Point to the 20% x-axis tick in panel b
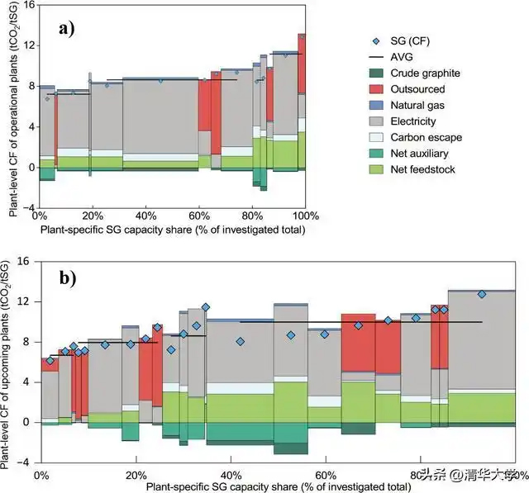click(x=136, y=476)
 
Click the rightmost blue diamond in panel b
click(x=482, y=294)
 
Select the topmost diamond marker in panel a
click(x=302, y=36)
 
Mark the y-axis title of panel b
click(x=11, y=363)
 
